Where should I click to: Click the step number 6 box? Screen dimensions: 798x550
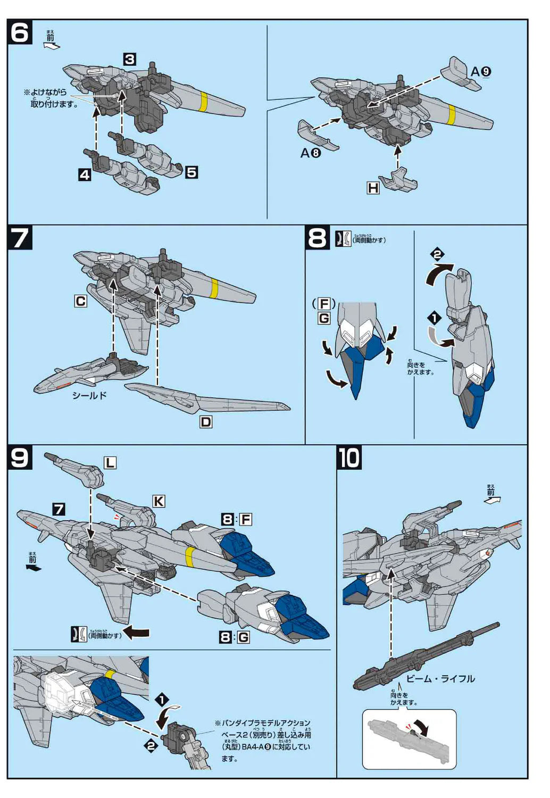[20, 33]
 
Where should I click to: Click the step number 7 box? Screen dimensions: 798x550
[20, 238]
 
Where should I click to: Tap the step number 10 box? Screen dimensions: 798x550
[349, 458]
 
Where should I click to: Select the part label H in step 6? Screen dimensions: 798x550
[373, 188]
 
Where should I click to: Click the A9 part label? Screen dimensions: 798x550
[481, 72]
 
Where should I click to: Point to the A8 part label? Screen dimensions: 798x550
[311, 153]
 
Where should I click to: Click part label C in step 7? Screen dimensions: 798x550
[80, 302]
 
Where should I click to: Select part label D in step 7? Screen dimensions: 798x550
[205, 422]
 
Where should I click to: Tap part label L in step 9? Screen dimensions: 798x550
[110, 463]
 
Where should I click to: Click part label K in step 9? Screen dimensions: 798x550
[159, 501]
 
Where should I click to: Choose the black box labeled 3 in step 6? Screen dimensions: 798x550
[130, 59]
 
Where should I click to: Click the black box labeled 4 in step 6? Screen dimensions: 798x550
[85, 174]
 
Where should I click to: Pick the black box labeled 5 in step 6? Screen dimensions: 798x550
[191, 172]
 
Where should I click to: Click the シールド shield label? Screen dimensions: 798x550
[89, 395]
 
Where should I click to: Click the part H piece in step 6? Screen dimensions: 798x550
[398, 180]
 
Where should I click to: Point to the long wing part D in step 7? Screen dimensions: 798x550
[207, 399]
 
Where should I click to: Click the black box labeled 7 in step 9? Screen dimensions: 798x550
[59, 509]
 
